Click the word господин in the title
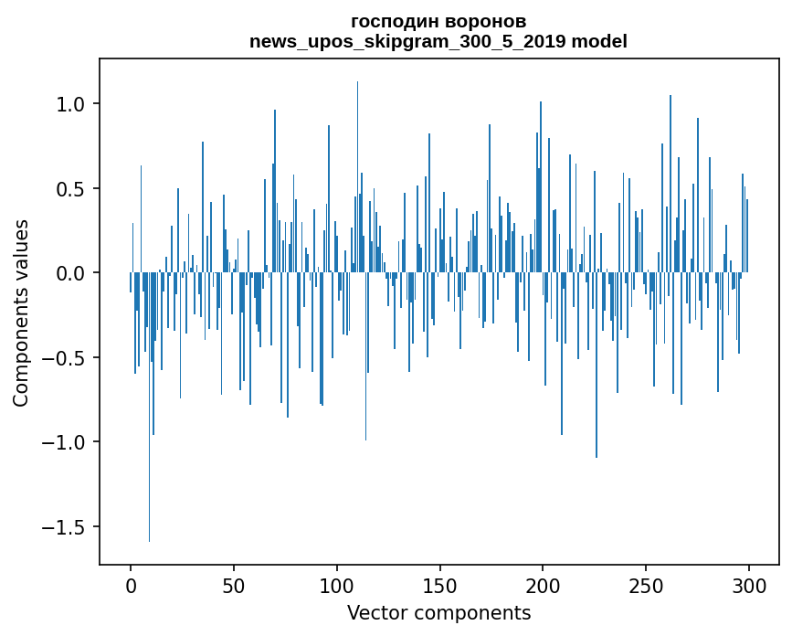(394, 21)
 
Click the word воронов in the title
(484, 21)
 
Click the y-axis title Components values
(21, 313)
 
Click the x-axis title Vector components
(438, 612)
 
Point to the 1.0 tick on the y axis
(70, 104)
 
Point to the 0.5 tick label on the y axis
(70, 189)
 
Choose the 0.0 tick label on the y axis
(70, 273)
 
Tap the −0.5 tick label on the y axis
(64, 358)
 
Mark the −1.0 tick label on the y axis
(64, 443)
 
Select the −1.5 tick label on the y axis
(64, 527)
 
